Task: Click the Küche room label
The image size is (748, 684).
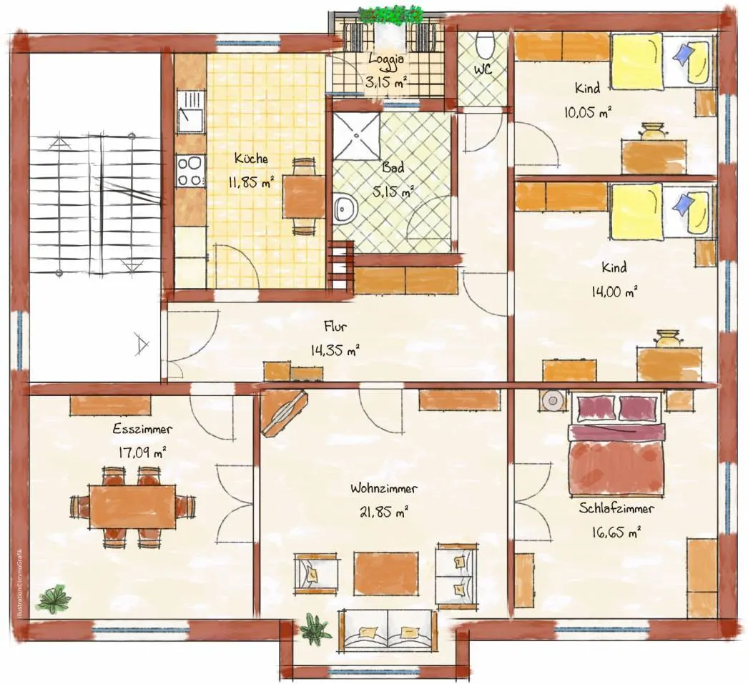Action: (x=251, y=158)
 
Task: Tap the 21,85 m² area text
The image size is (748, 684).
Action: (x=384, y=512)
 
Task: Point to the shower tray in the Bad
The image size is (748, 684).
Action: (x=356, y=136)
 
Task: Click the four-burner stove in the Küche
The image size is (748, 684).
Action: (x=190, y=171)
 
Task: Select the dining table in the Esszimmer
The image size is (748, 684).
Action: (x=132, y=506)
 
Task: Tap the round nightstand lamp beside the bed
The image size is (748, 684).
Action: (x=553, y=400)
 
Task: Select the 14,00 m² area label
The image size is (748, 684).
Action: (x=614, y=292)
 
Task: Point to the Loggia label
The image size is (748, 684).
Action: (x=387, y=59)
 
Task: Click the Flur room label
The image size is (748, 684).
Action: (x=335, y=327)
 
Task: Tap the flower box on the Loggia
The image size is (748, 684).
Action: (x=390, y=16)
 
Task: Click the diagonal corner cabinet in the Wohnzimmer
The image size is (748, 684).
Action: (x=283, y=412)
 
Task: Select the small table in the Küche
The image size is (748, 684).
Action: (x=305, y=196)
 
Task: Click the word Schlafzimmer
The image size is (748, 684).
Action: (x=616, y=508)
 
